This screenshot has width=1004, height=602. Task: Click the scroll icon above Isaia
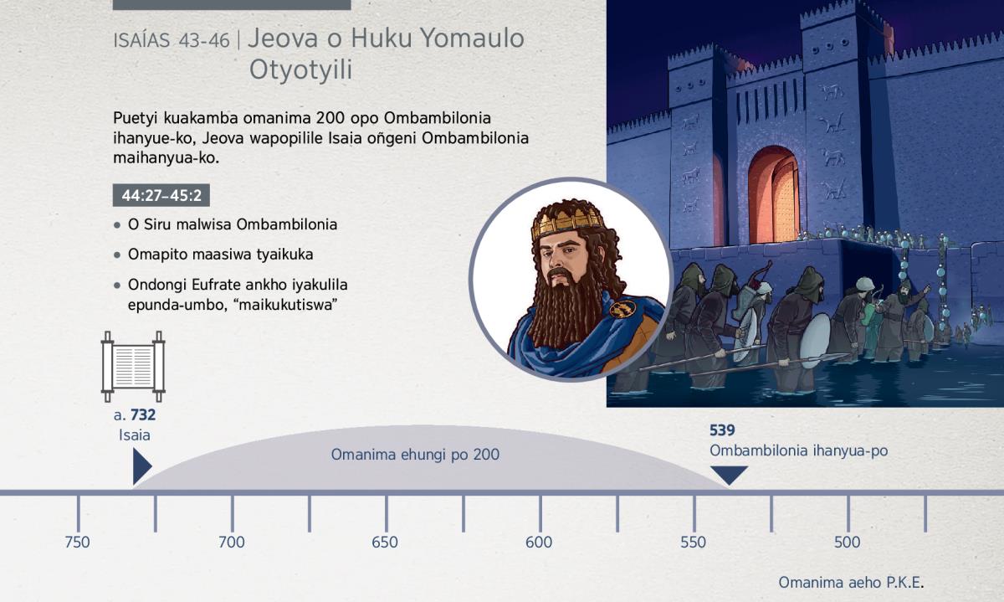point(133,367)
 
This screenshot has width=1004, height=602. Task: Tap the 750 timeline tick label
point(77,543)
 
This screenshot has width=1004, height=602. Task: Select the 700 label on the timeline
point(231,543)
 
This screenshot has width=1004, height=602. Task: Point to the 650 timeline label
point(385,543)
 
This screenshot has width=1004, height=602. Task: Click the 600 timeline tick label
point(539,543)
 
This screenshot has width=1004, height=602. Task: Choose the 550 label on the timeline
point(693,543)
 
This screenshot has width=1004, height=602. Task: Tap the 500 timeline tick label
point(847,543)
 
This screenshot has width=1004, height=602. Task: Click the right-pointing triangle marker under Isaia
point(141,466)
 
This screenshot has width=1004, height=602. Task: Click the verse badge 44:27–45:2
point(161,196)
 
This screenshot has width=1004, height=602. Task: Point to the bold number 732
point(143,415)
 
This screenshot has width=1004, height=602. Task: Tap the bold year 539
point(722,430)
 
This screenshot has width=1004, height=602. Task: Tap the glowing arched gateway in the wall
point(773,195)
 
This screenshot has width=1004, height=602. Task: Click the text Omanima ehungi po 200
point(415,455)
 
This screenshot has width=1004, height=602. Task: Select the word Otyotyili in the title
point(300,70)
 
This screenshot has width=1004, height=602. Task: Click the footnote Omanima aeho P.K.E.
point(851,582)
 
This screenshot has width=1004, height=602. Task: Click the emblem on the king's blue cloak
point(623,309)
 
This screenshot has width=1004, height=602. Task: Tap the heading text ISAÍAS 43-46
point(172,41)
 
